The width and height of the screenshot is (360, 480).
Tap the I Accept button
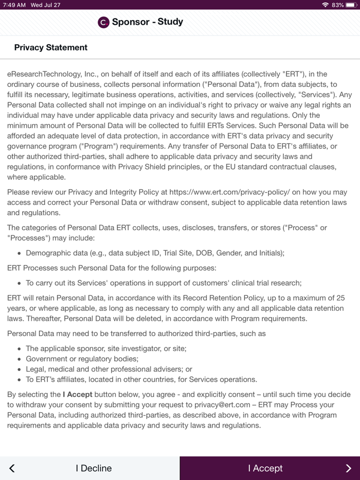pos(265,468)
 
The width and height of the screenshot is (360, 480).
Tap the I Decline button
pos(93,468)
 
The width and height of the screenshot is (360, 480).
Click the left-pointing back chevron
pos(12,468)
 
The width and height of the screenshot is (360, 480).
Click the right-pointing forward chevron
pos(348,468)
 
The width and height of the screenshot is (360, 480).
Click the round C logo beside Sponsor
pos(103,22)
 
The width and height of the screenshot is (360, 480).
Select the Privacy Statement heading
pos(51,47)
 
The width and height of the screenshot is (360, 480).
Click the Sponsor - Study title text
pos(148,22)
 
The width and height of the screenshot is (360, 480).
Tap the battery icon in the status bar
pos(351,5)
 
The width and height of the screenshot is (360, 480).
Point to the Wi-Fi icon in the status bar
pos(325,5)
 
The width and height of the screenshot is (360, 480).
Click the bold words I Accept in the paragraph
pos(78,395)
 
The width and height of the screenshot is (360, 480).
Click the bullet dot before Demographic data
pos(19,253)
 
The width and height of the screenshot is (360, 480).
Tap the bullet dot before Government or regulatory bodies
pos(19,359)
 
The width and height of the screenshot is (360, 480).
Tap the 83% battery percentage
pos(338,5)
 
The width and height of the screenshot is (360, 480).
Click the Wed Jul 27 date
pos(45,5)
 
